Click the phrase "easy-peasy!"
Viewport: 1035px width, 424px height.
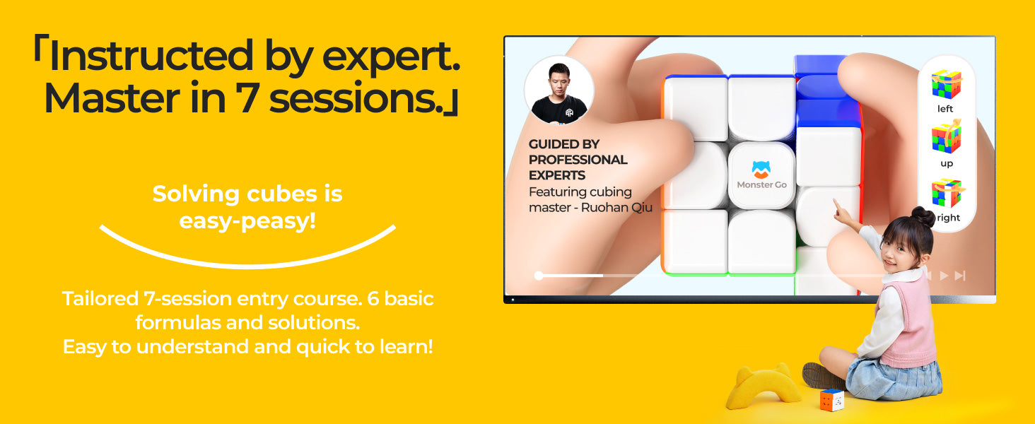tap(247, 220)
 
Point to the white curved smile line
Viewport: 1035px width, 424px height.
tap(247, 265)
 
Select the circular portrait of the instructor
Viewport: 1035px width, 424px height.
tap(559, 91)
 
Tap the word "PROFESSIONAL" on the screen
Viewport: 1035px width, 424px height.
tap(578, 160)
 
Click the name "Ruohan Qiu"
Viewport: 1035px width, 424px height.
tap(616, 207)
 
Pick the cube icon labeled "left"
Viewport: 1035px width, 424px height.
tap(946, 84)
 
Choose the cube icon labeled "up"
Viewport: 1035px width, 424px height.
tap(946, 137)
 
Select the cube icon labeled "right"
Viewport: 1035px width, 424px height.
tap(947, 193)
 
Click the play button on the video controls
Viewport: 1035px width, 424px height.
tap(945, 276)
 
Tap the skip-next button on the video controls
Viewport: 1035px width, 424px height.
tap(960, 276)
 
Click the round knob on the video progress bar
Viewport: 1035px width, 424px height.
tap(539, 276)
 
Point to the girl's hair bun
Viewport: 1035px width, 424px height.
tap(923, 216)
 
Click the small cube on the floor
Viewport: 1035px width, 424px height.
tap(831, 400)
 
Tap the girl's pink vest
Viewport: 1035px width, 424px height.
tap(908, 326)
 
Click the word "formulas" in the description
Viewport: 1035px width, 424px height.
tap(177, 322)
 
